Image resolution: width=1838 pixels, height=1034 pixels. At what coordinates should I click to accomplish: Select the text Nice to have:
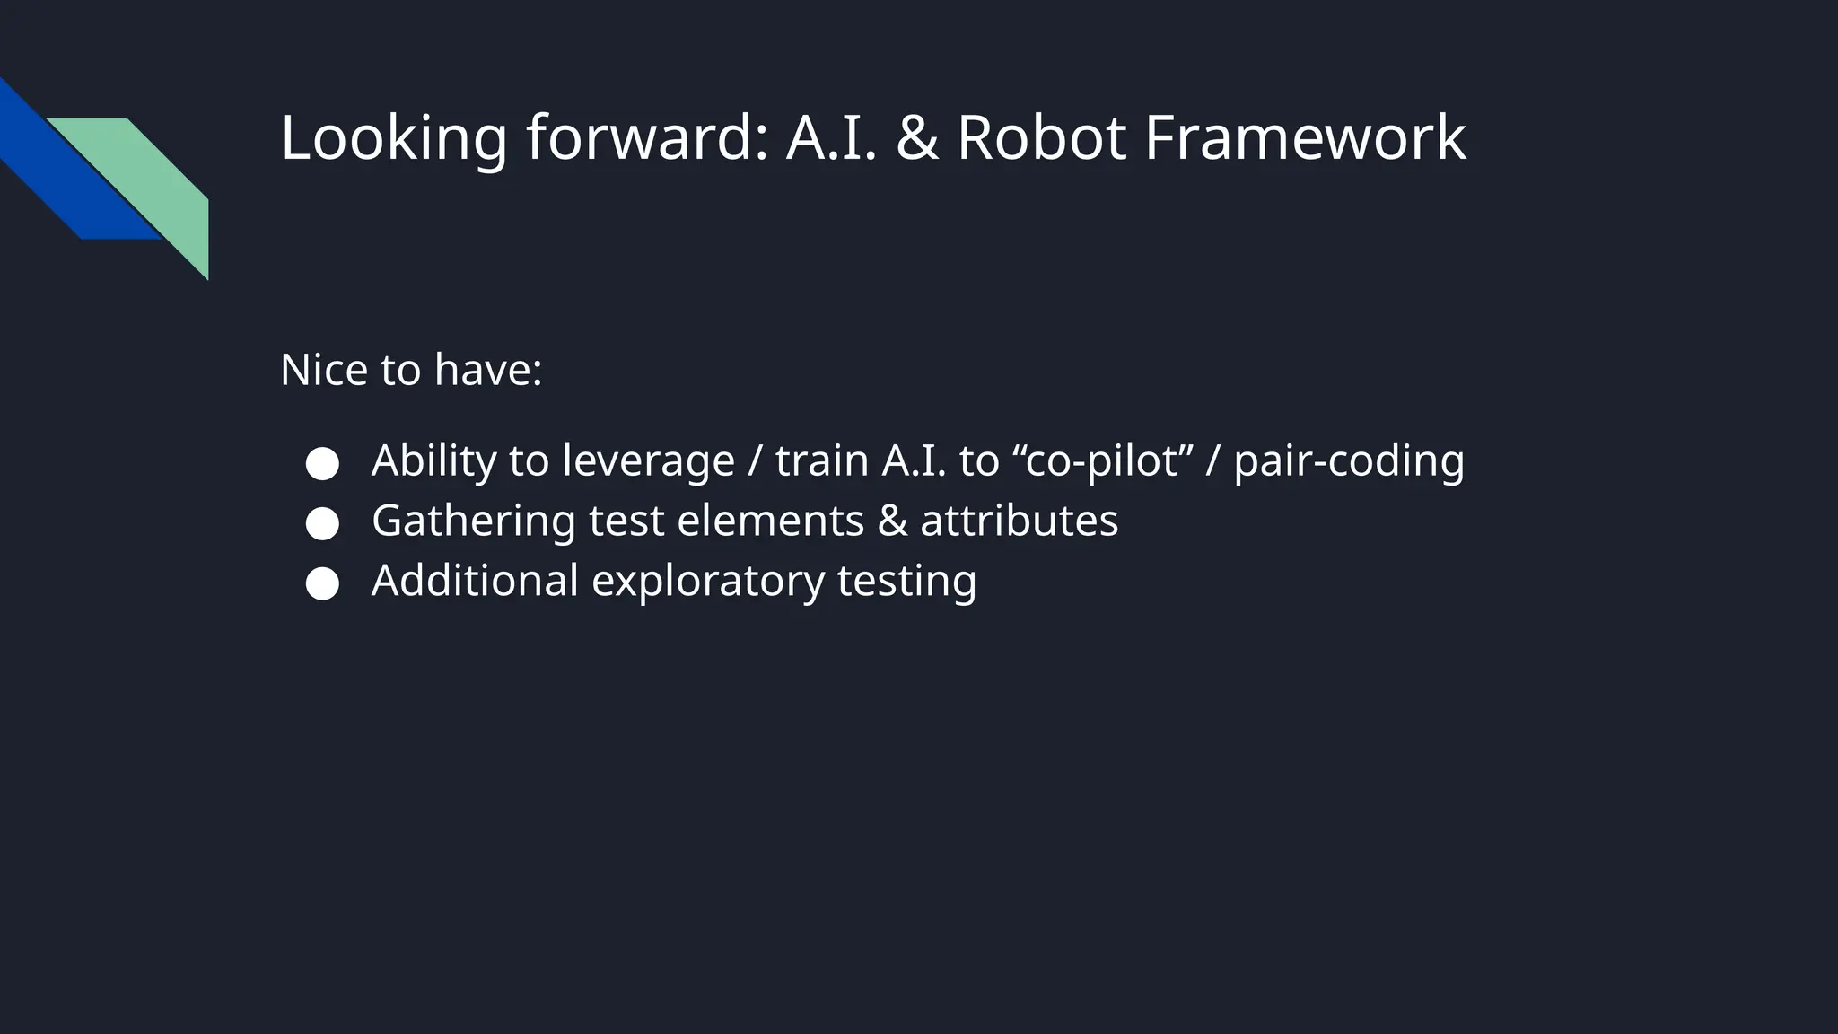click(411, 370)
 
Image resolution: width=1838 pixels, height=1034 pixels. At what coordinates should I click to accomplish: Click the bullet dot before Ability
click(322, 464)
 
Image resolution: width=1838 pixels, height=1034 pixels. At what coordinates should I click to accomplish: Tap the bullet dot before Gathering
click(322, 524)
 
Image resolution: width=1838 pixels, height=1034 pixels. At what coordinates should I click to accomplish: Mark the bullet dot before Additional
click(322, 583)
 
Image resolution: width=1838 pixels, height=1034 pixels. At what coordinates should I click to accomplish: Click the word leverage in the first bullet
click(648, 461)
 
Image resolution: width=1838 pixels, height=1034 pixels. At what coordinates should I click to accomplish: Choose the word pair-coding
click(1349, 461)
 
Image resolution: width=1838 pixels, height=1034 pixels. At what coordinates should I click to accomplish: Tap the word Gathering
click(473, 521)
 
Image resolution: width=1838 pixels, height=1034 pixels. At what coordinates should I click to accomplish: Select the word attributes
click(1019, 521)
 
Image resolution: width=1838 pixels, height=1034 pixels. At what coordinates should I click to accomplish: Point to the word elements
click(770, 521)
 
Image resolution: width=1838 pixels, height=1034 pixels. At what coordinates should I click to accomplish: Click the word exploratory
click(708, 582)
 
